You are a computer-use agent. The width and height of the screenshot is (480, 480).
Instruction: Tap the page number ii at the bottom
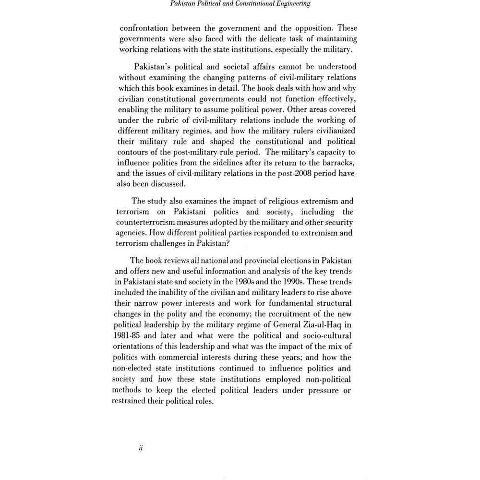click(x=141, y=447)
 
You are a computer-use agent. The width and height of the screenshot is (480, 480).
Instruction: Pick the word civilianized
click(x=332, y=131)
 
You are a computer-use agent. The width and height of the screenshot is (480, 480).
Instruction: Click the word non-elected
click(x=136, y=368)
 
